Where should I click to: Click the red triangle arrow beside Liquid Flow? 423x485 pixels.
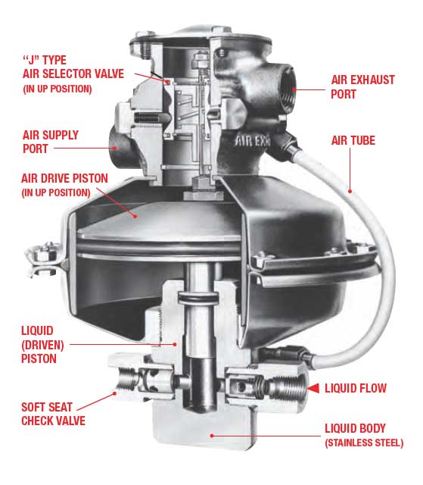311,388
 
